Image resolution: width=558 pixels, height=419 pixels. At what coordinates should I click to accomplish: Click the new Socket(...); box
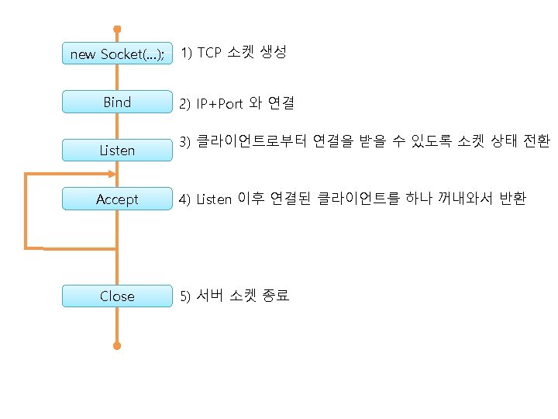tap(117, 54)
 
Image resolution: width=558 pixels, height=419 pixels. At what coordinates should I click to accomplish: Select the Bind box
tap(117, 102)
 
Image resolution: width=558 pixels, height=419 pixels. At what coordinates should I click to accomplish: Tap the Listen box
tap(117, 150)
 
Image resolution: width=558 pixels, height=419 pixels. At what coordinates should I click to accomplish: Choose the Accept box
tap(117, 199)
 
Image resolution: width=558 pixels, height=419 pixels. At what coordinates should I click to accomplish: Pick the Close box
tap(117, 296)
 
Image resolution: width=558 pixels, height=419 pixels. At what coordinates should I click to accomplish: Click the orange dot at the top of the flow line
tap(117, 29)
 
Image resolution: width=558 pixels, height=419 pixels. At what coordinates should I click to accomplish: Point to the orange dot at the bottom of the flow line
tap(117, 346)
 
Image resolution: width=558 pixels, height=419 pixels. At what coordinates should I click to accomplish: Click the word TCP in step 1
tap(209, 53)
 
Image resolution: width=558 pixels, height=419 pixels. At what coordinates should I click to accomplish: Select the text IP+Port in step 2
tap(219, 103)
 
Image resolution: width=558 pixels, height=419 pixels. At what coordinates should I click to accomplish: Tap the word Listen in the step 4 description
tap(214, 199)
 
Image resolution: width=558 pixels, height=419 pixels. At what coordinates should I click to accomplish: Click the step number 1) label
tap(186, 53)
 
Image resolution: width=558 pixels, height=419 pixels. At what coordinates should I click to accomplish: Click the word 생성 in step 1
tap(274, 53)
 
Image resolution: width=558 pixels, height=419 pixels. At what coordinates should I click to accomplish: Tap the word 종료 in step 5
tap(276, 296)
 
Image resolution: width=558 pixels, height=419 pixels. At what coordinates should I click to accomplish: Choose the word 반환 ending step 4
tap(513, 199)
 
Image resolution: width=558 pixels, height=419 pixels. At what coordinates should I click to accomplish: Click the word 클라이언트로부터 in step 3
tap(253, 141)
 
